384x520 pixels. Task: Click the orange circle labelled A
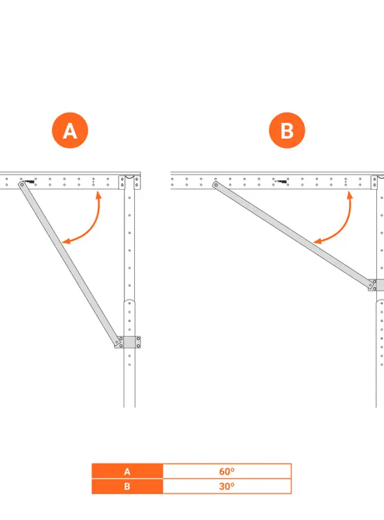point(70,131)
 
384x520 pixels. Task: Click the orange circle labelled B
point(287,131)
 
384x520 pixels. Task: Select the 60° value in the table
point(227,471)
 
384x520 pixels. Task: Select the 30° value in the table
point(227,486)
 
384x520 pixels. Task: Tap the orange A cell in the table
point(127,471)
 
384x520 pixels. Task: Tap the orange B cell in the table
point(127,486)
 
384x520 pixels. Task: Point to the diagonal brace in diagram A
point(70,265)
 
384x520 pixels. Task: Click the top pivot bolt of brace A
point(22,184)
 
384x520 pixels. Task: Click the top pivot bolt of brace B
point(216,185)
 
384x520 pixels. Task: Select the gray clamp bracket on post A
point(129,342)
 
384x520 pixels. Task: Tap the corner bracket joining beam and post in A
point(130,182)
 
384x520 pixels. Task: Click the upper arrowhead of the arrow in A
point(98,195)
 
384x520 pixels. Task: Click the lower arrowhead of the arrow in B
point(317,241)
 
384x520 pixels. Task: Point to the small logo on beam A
point(29,181)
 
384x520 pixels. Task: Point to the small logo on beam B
point(281,181)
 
